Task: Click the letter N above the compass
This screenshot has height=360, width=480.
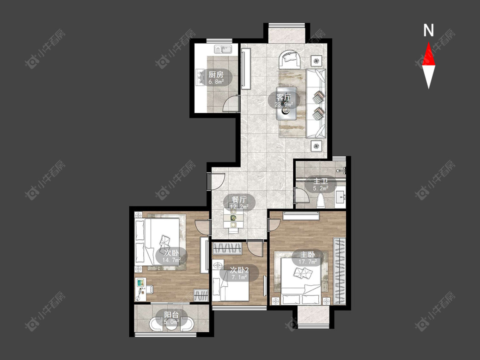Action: [x=428, y=30]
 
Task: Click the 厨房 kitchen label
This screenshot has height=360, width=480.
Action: [x=216, y=74]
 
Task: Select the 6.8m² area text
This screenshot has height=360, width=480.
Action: [x=216, y=82]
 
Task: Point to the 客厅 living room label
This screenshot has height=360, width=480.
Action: [x=283, y=97]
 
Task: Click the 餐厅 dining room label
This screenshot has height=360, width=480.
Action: [x=239, y=200]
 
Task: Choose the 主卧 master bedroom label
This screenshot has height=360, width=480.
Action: [x=308, y=254]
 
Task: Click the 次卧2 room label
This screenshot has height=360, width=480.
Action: [x=239, y=270]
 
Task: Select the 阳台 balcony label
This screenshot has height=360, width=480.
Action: [x=172, y=315]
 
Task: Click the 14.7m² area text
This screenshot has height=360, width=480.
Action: [x=172, y=260]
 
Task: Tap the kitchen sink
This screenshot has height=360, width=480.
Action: [x=223, y=49]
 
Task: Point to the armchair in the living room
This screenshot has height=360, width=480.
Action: [x=290, y=59]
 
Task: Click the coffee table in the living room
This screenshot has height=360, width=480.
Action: [x=286, y=104]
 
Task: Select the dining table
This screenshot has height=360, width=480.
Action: [x=233, y=218]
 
